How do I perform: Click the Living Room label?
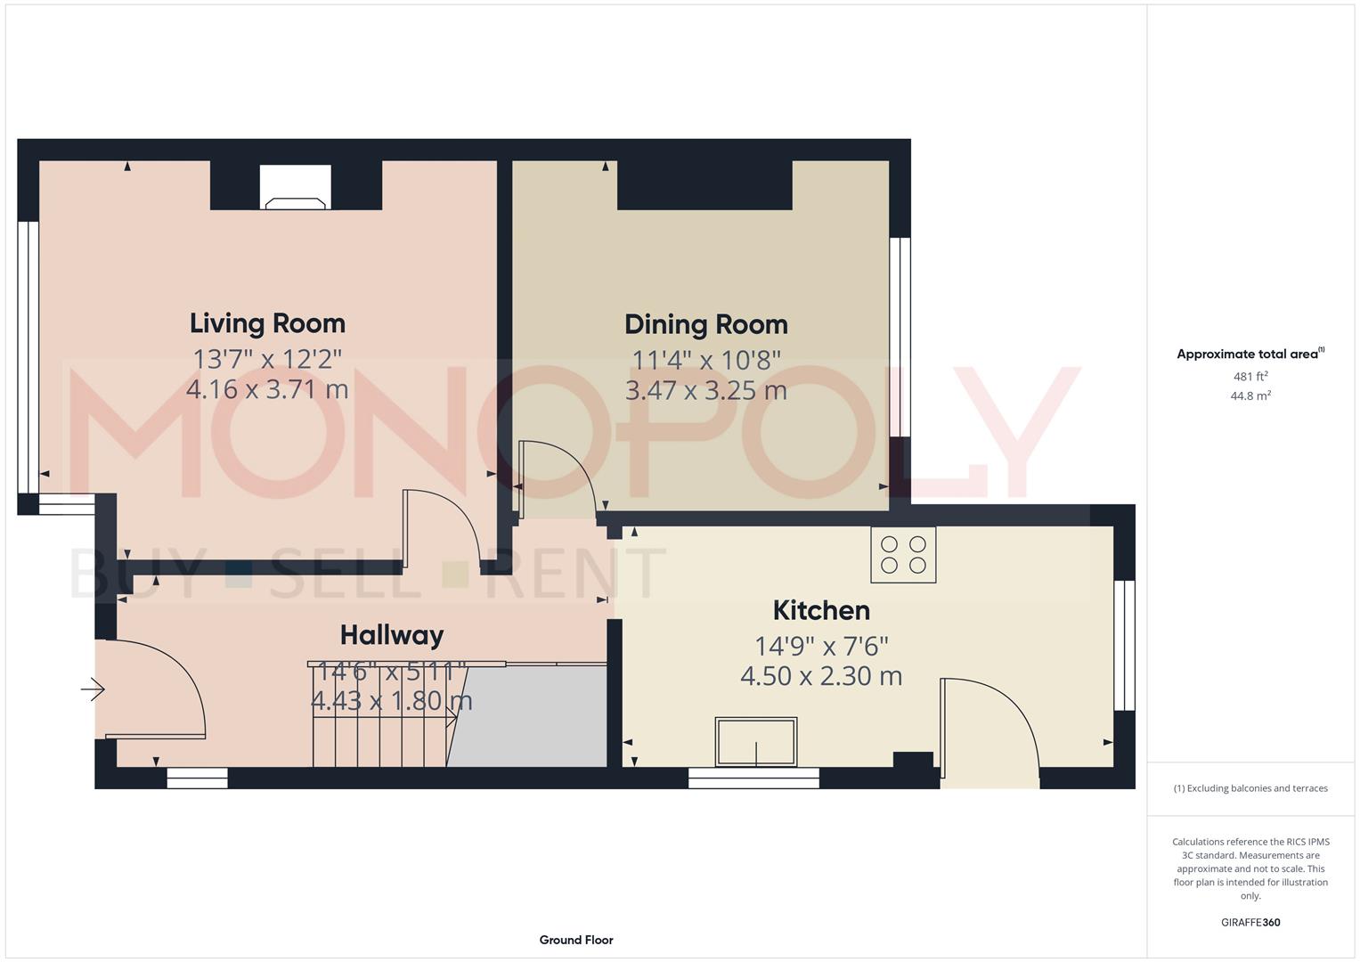coord(267,322)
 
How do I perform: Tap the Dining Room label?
coord(705,324)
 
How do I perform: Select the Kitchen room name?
coord(821,610)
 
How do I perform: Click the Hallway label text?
coord(392,635)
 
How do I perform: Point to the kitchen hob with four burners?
coord(903,554)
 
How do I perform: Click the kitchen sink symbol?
coord(756,742)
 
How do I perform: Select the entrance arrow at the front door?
coord(94,689)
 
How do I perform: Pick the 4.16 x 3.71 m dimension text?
coord(267,389)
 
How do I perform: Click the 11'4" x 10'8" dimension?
coord(705,360)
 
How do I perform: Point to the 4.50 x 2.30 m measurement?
coord(821,676)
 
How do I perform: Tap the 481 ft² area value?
coord(1250,376)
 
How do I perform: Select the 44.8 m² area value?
coord(1250,396)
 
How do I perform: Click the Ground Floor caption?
coord(576,940)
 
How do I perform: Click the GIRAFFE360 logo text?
coord(1250,922)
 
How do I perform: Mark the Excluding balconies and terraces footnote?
coord(1250,788)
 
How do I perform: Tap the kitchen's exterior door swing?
coord(990,721)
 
